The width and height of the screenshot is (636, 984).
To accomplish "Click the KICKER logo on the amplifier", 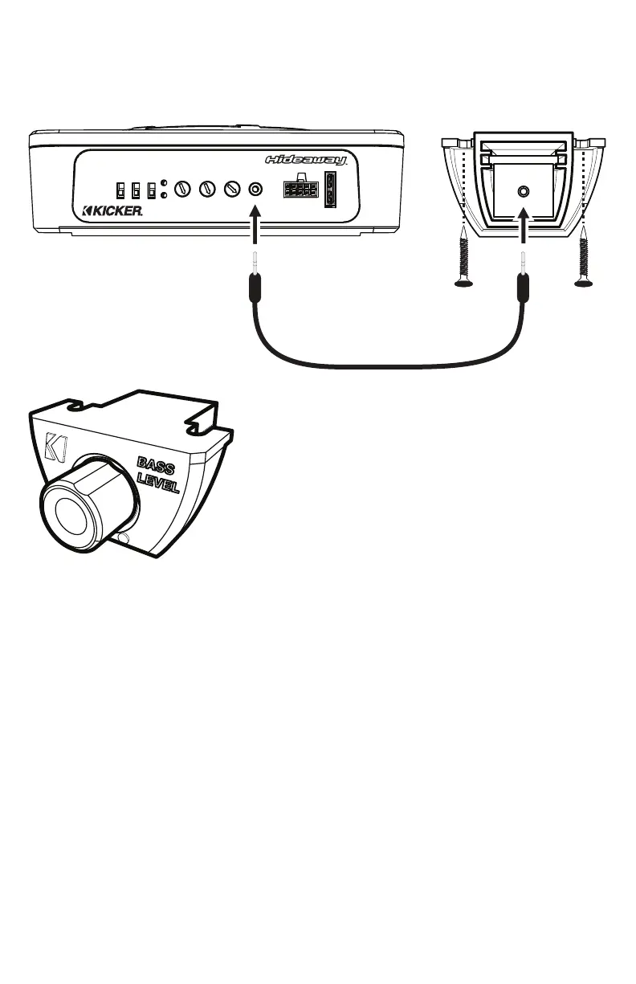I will coord(113,212).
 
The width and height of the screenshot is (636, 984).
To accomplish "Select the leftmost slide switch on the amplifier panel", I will coord(120,190).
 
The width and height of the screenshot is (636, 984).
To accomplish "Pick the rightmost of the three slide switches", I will coord(150,190).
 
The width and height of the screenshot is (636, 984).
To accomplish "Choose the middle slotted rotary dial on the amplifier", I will coord(206,190).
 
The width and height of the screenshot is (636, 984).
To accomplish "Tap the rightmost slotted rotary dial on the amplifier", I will coord(232,190).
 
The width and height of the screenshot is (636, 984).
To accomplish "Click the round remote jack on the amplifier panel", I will coord(256,190).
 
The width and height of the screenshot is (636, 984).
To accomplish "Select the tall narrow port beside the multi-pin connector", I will coord(330,190).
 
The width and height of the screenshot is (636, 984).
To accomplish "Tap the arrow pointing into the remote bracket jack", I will coord(524,225).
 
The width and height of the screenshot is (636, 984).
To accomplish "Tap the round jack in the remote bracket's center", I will coord(524,192).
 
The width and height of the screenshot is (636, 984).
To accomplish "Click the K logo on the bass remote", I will coord(56,448).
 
